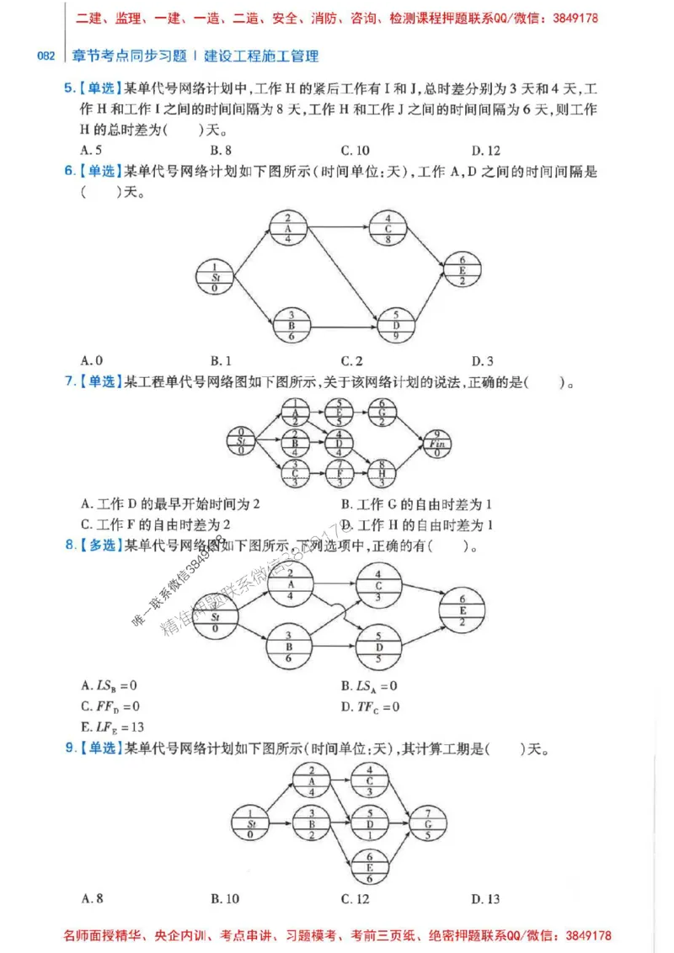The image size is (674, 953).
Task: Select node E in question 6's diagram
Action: click(463, 269)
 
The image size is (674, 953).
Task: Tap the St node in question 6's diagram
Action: click(215, 277)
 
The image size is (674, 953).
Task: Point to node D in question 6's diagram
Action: click(396, 325)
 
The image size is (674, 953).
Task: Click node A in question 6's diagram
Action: click(288, 228)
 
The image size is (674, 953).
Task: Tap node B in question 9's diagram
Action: click(311, 824)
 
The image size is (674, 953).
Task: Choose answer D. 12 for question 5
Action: click(485, 151)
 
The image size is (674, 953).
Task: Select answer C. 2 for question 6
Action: click(352, 361)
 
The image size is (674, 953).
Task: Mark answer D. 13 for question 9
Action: click(485, 899)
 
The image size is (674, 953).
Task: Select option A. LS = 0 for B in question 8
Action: click(109, 686)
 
